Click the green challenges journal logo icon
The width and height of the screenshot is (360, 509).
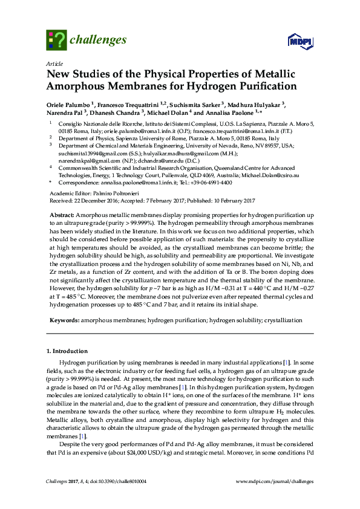(56, 41)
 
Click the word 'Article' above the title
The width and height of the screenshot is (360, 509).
(54, 63)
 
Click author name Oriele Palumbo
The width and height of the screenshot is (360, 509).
(68, 105)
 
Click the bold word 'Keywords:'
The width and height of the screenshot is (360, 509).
(64, 319)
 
